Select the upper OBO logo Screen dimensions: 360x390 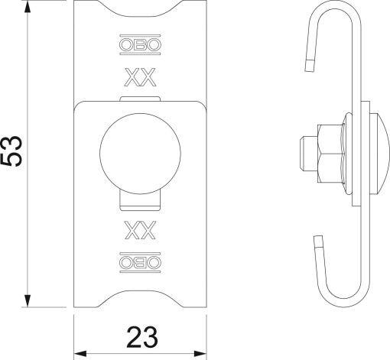pyautogui.click(x=140, y=44)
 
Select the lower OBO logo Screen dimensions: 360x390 pyautogui.click(x=140, y=262)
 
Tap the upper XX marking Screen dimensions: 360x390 pyautogui.click(x=140, y=77)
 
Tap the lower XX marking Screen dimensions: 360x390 pyautogui.click(x=140, y=229)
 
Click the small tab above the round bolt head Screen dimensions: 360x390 pyautogui.click(x=140, y=99)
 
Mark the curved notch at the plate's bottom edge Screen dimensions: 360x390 pyautogui.click(x=140, y=294)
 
